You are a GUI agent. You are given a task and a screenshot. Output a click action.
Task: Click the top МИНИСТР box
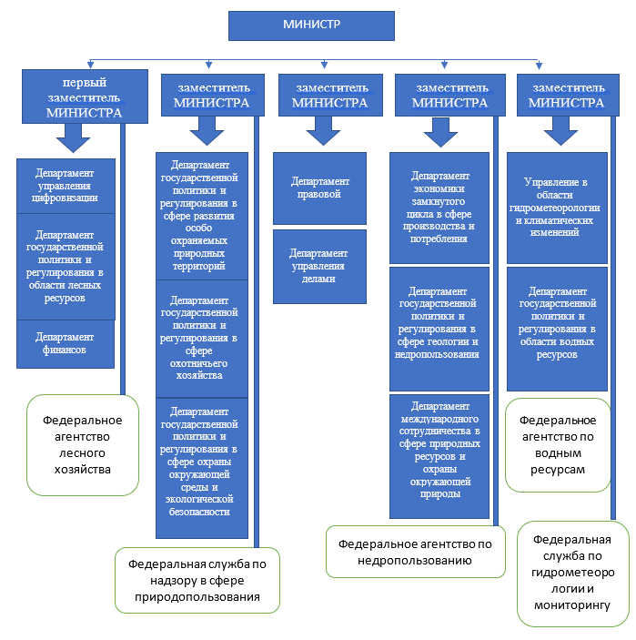[311, 25]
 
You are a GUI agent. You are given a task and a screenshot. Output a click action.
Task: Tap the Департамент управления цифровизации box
[66, 185]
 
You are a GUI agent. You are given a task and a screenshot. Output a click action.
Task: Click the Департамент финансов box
[65, 343]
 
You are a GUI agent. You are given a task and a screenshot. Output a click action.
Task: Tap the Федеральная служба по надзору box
[197, 580]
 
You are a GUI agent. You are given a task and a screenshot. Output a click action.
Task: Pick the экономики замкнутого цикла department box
[439, 207]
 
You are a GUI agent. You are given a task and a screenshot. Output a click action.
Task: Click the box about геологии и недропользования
[439, 328]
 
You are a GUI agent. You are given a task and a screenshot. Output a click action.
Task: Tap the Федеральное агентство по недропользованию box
[415, 551]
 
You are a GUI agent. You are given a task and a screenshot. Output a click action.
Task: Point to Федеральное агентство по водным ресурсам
[558, 444]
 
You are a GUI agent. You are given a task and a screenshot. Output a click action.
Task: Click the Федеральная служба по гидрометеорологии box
[572, 574]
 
